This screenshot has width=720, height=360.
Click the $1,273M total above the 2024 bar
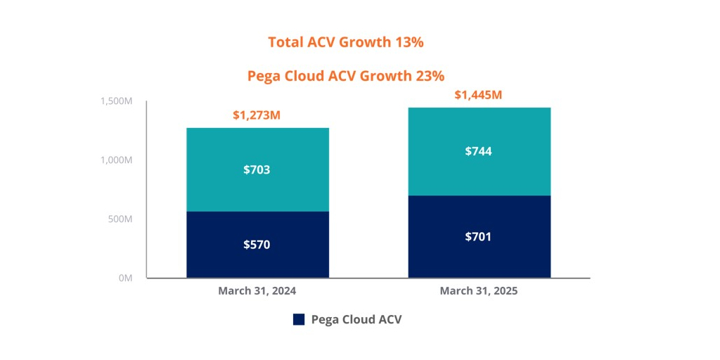(x=257, y=115)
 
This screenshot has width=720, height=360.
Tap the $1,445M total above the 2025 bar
(x=478, y=94)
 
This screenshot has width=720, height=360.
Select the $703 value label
(x=257, y=169)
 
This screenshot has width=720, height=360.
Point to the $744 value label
(x=478, y=151)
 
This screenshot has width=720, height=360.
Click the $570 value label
(x=257, y=245)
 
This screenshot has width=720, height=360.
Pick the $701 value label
(x=478, y=237)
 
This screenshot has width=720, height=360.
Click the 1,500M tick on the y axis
(x=117, y=101)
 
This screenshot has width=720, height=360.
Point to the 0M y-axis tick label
(x=125, y=278)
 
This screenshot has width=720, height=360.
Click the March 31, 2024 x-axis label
(x=257, y=290)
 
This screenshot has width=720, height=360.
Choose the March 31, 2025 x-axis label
(x=478, y=290)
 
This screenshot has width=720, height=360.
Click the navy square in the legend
(x=299, y=319)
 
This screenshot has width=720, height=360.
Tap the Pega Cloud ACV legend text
(x=356, y=319)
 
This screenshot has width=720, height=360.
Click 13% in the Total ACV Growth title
(x=409, y=42)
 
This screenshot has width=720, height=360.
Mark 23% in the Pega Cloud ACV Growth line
(x=430, y=76)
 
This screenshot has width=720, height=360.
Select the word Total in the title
(x=286, y=42)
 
